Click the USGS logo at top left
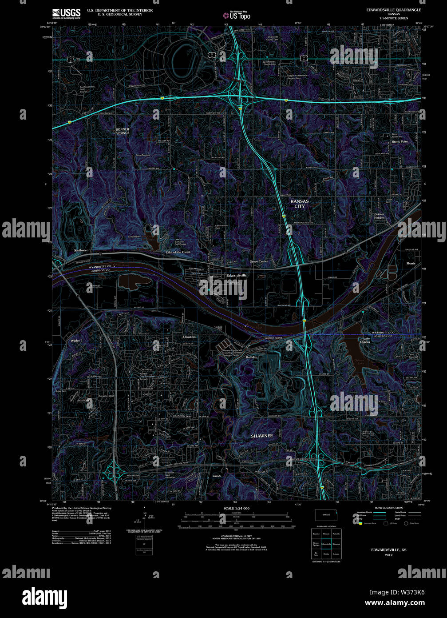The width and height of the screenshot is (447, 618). point(66,13)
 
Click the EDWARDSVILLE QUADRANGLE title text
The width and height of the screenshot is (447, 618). point(388,9)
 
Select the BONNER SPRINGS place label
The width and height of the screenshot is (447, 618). point(123,131)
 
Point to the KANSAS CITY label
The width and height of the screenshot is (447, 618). point(300,204)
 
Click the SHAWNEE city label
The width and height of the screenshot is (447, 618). point(262,436)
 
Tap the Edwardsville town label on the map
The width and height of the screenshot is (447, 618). point(237,275)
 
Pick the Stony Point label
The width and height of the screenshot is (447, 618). point(400,141)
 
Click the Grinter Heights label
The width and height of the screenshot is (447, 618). point(379,216)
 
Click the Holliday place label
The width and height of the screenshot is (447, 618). point(251,357)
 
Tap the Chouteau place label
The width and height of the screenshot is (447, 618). point(190,337)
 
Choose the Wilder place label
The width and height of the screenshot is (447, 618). point(75,341)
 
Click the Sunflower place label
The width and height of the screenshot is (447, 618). point(81,250)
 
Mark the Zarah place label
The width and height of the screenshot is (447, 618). point(217,476)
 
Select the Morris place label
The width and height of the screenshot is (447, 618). point(411,263)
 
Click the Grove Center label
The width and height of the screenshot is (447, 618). point(259,261)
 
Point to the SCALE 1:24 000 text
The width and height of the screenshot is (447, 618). point(236,508)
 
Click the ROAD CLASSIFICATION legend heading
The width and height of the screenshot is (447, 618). point(388,508)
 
